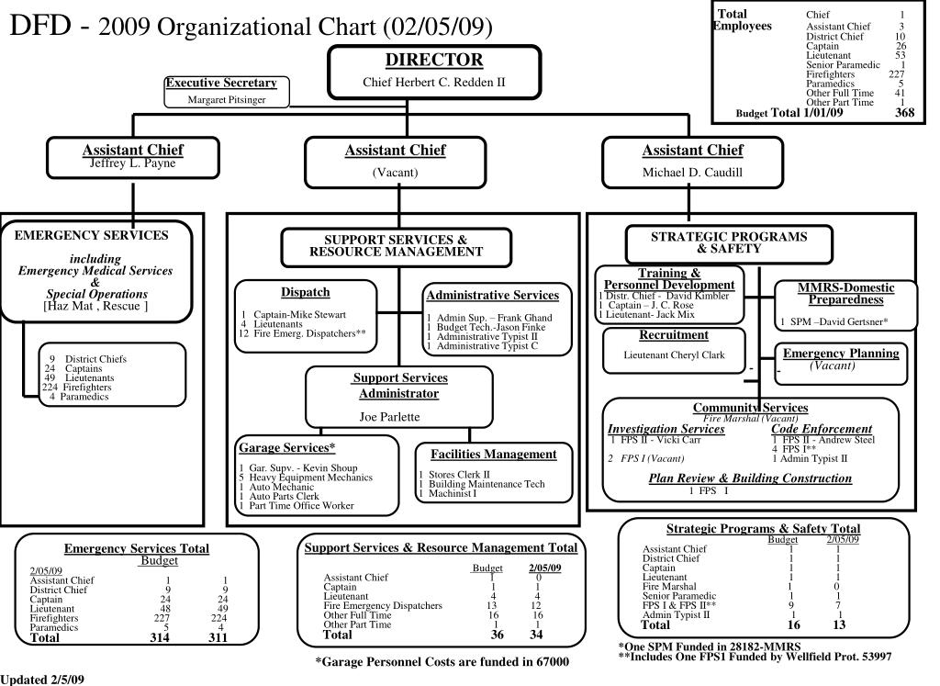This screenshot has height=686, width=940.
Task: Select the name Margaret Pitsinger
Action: click(x=227, y=99)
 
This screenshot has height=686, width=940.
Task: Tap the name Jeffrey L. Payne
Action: click(x=132, y=163)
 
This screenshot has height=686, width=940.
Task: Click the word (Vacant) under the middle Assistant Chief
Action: click(x=395, y=172)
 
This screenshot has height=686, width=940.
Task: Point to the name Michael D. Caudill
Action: click(x=692, y=172)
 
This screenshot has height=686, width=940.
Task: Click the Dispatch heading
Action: click(x=306, y=292)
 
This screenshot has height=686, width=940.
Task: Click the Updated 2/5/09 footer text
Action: click(x=43, y=679)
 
